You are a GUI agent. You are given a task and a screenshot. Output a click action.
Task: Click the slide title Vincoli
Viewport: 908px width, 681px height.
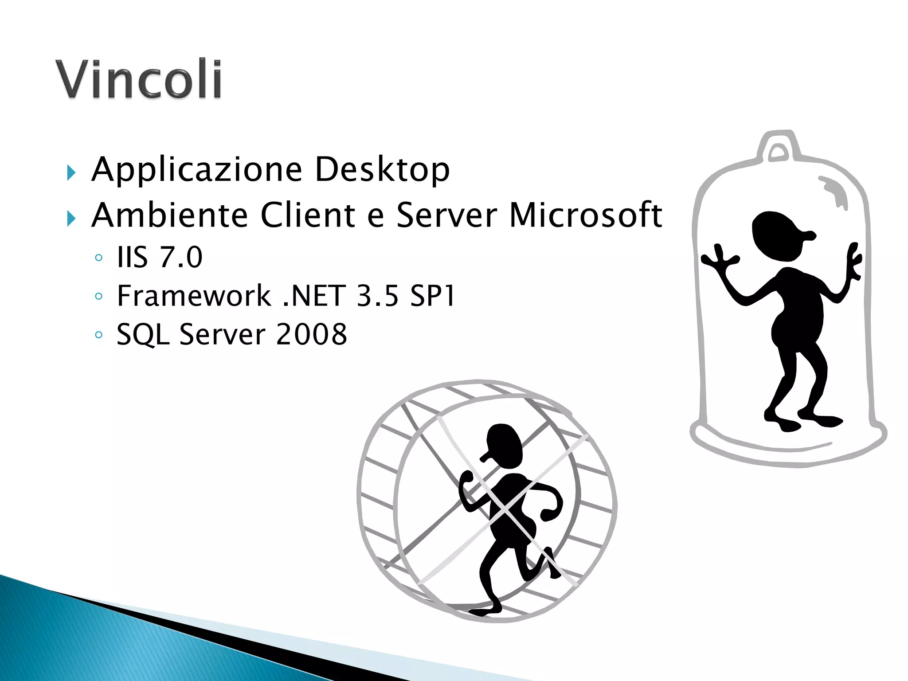[138, 79]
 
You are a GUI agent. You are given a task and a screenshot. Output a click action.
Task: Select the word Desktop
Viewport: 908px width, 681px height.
[382, 169]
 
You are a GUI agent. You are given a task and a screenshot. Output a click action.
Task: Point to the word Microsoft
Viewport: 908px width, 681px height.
[585, 215]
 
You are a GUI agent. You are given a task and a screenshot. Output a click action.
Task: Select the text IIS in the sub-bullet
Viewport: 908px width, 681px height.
[132, 257]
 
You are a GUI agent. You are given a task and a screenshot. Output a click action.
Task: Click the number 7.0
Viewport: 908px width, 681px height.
[181, 257]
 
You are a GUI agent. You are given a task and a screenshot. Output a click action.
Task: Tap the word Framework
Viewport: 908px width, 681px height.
[194, 296]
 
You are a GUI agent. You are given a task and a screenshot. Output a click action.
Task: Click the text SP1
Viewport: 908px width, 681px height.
[432, 296]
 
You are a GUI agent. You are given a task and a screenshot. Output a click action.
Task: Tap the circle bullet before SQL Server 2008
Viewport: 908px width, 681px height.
[98, 335]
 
